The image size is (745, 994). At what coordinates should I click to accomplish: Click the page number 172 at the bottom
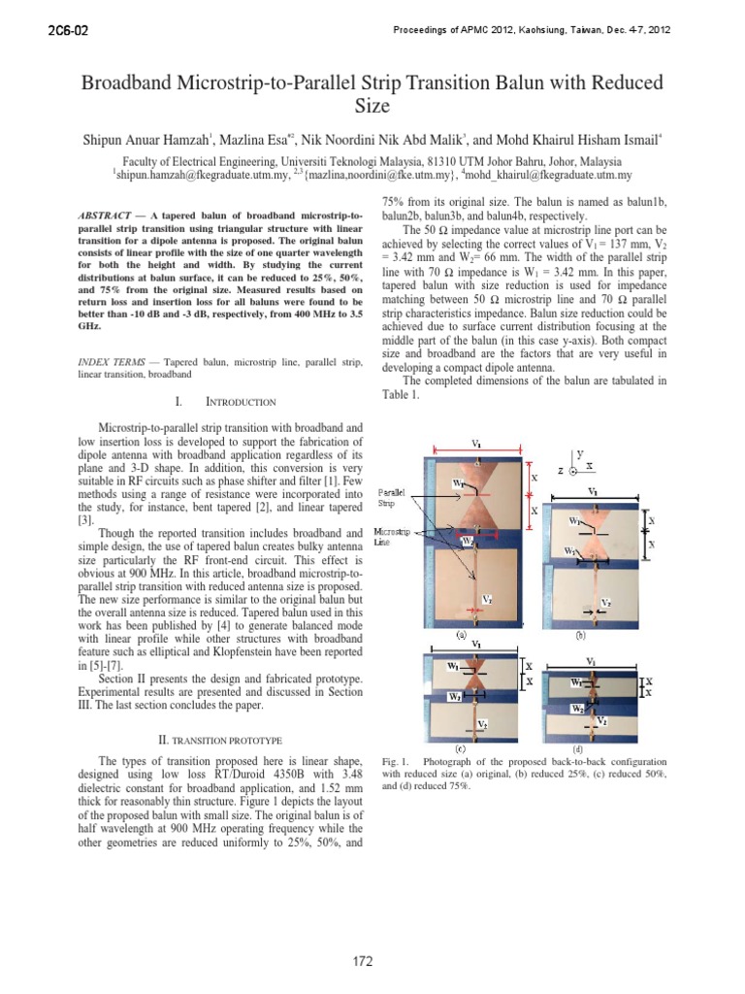(x=363, y=962)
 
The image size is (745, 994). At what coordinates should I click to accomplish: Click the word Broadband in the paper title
(x=136, y=83)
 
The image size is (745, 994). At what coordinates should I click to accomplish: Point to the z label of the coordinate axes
(x=560, y=470)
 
